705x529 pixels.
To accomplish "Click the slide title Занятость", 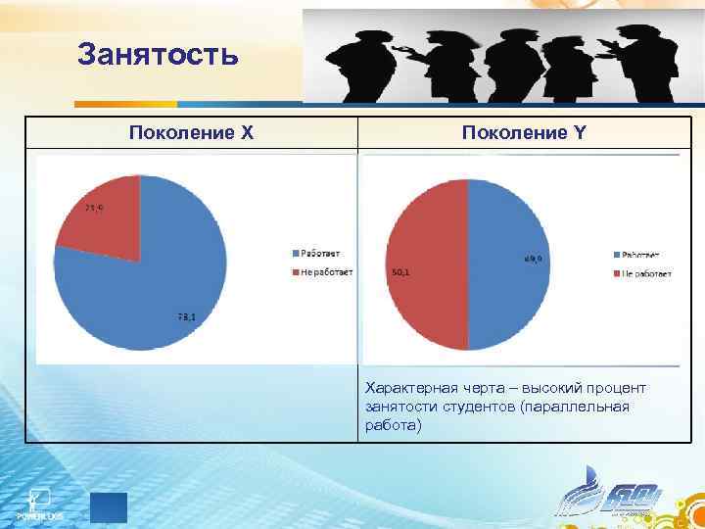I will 158,54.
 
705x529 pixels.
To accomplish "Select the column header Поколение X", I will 191,131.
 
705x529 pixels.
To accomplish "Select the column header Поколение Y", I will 527,131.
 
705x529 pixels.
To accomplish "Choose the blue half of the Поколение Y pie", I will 509,265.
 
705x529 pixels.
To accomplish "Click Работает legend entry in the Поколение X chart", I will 314,254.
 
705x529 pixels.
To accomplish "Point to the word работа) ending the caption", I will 392,425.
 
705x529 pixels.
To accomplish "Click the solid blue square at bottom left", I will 108,508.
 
